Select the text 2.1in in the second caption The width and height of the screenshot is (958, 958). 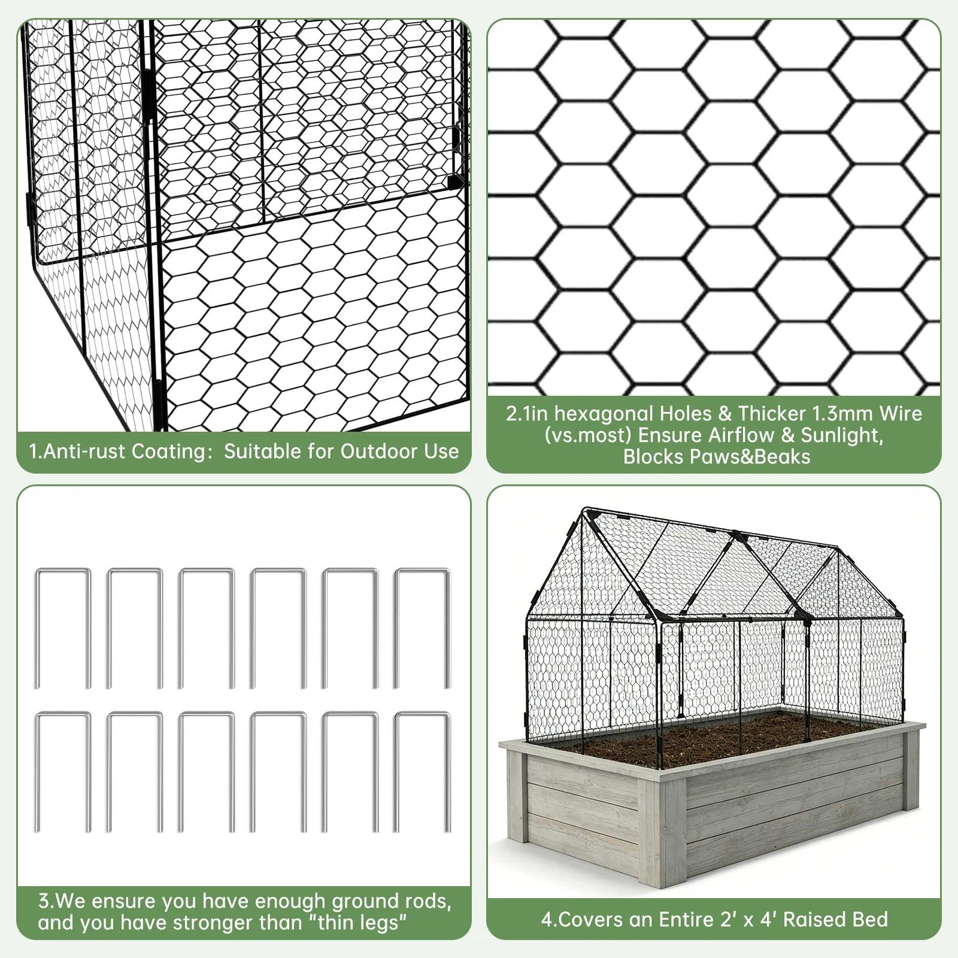pyautogui.click(x=527, y=413)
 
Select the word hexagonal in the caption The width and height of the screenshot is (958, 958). pyautogui.click(x=604, y=413)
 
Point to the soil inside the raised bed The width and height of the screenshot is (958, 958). pyautogui.click(x=707, y=739)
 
